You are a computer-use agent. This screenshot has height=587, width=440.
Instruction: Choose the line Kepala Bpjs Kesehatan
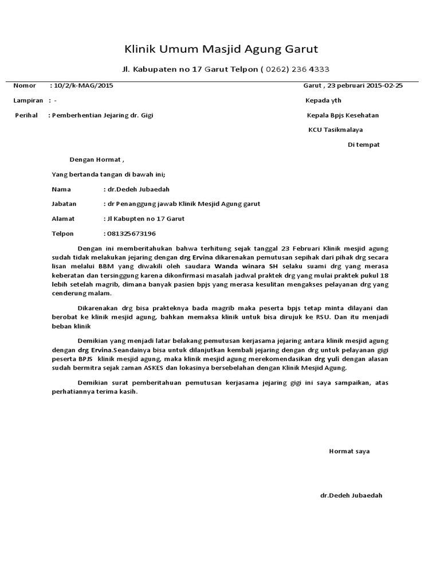(x=343, y=115)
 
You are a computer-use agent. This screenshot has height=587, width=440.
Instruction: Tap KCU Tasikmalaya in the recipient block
(x=336, y=130)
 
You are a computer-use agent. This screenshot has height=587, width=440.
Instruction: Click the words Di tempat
(x=364, y=144)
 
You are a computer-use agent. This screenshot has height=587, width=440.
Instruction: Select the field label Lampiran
(x=28, y=100)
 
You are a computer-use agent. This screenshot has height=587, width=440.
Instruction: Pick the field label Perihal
(x=27, y=115)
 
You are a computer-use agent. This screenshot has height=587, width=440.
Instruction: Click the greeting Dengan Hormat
(x=96, y=159)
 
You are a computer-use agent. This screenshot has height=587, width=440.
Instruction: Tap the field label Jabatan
(x=65, y=204)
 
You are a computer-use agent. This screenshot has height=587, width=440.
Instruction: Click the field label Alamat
(x=64, y=219)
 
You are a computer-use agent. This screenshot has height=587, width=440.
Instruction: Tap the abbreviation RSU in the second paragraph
(x=340, y=317)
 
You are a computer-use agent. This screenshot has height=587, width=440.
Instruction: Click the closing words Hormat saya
(x=349, y=451)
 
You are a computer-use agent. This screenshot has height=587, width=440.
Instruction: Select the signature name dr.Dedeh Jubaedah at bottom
(x=351, y=495)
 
